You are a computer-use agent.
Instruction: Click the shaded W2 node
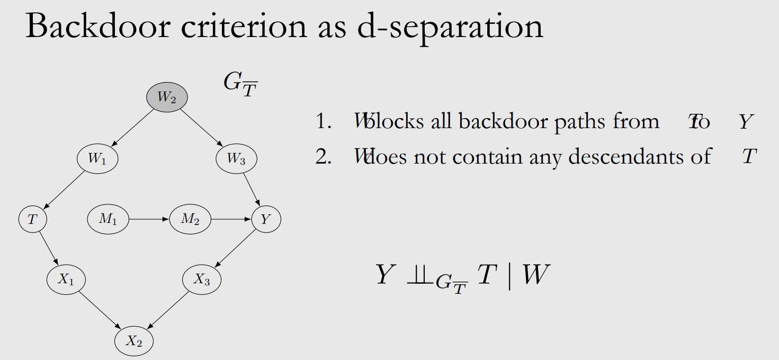167,97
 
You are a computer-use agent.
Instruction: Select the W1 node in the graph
97,159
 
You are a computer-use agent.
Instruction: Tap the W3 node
237,159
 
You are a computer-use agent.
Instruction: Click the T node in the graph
33,219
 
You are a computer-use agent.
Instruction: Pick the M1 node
108,219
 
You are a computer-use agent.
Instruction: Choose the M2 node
190,219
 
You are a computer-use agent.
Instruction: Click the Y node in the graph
266,219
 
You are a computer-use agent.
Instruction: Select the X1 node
66,280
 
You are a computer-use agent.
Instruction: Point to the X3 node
202,280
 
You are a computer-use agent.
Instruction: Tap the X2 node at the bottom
134,341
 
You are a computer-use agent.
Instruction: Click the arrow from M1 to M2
149,219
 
